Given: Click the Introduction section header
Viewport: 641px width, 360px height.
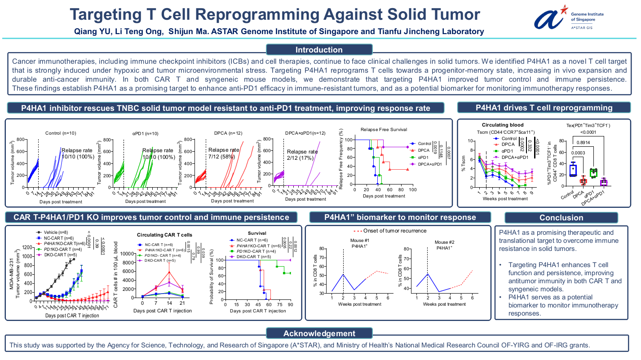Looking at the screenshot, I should coord(318,50).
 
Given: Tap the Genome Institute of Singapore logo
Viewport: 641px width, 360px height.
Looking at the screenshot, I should coord(568,17).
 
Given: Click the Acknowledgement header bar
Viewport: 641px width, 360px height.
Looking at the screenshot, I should coord(318,333).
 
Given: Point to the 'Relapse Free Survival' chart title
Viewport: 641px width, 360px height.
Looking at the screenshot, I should coord(384,130).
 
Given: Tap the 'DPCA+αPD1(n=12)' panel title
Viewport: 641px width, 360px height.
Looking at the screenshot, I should coord(305,133).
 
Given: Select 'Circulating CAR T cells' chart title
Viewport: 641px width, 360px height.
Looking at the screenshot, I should coord(164,235).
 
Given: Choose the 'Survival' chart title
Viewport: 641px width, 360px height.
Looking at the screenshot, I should coord(256,233).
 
